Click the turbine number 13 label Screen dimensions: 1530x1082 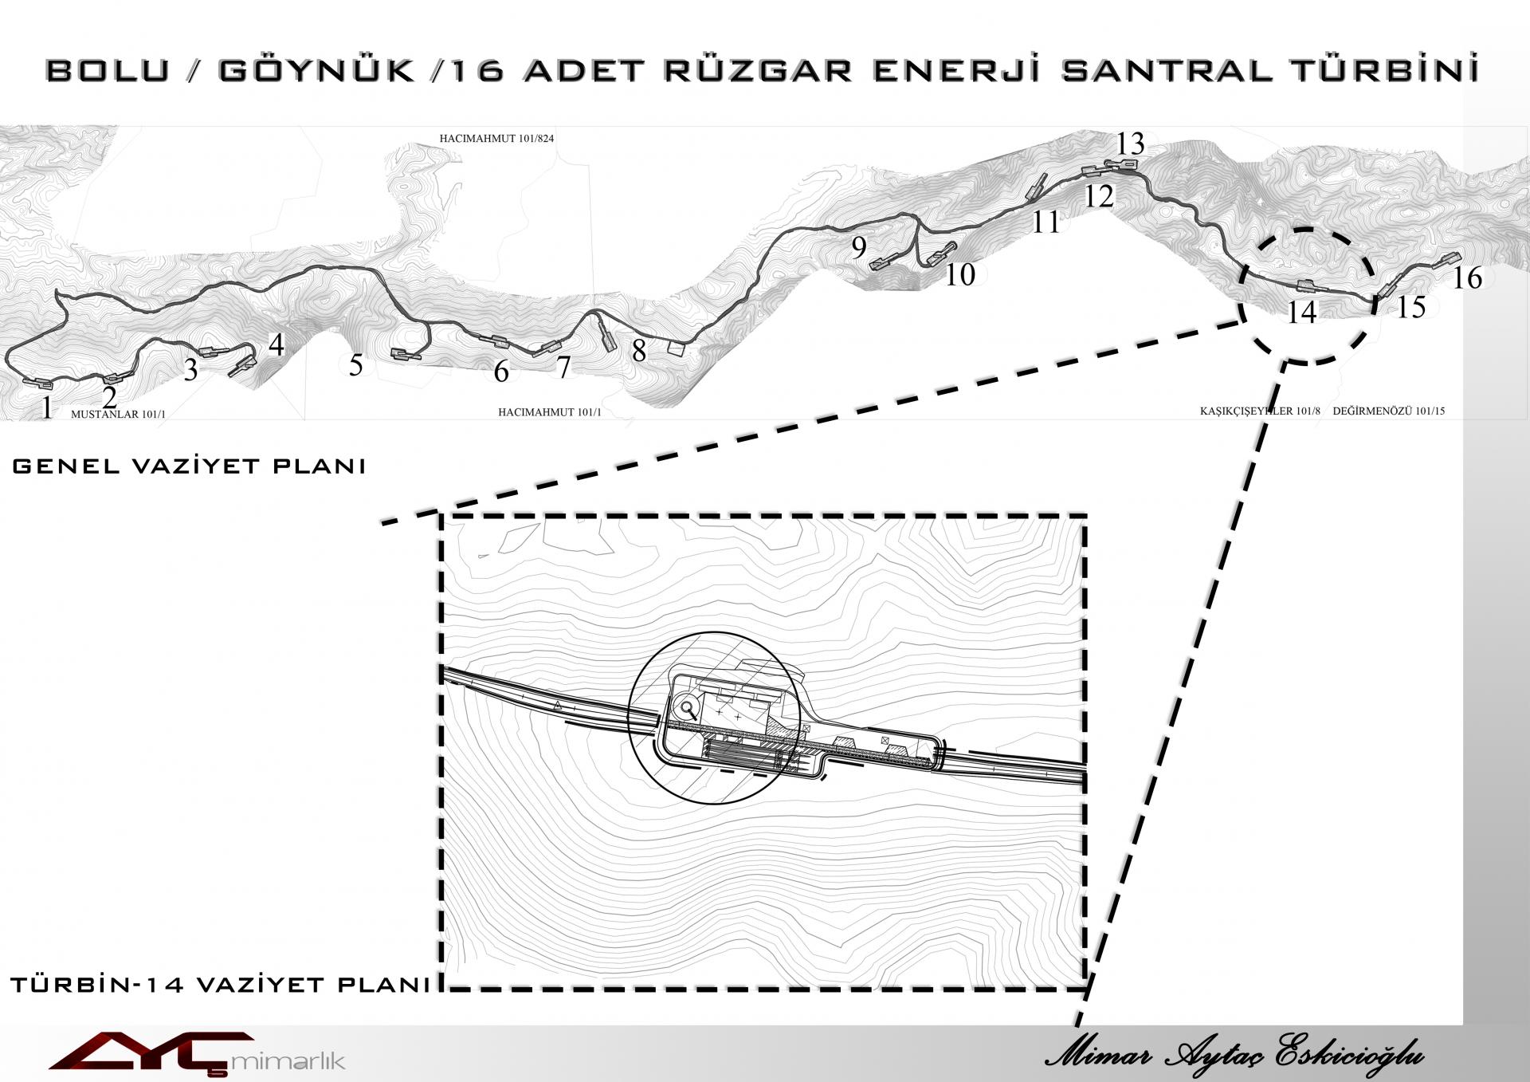tap(1130, 144)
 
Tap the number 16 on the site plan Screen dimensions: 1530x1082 tap(1467, 277)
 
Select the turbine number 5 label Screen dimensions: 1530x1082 tap(356, 365)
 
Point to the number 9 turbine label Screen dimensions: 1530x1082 tap(858, 247)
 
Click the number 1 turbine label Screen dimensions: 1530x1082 tap(47, 407)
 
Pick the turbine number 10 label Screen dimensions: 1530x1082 tap(959, 274)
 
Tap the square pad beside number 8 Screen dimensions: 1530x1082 tap(676, 349)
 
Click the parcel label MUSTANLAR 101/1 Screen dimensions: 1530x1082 tap(118, 415)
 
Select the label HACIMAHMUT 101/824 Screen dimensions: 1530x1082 tap(496, 139)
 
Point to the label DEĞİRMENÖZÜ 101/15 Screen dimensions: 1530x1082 tap(1388, 411)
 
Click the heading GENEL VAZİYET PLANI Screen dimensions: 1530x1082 tap(189, 466)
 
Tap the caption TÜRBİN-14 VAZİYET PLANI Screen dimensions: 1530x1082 tap(221, 985)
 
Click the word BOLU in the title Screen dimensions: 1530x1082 tap(108, 70)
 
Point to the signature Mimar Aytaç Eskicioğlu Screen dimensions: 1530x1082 tap(1234, 1055)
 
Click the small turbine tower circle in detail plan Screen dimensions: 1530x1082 tap(686, 706)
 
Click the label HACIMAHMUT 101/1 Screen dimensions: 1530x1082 tap(550, 412)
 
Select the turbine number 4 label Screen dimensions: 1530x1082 tap(276, 344)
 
